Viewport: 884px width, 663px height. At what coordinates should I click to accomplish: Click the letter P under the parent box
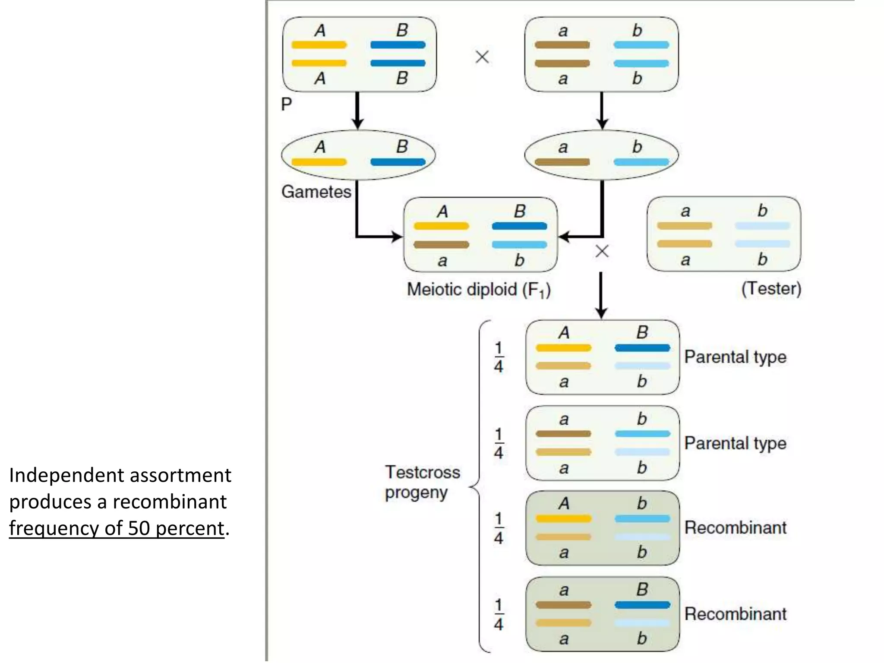(286, 104)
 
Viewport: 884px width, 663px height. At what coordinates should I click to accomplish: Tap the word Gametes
(316, 192)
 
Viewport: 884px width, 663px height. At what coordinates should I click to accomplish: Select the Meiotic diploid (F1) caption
(478, 290)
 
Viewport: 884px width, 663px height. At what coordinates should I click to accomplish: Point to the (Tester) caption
(771, 288)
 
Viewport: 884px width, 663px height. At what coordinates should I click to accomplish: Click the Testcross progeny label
(422, 482)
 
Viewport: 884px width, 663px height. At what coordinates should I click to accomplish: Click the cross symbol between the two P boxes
(482, 57)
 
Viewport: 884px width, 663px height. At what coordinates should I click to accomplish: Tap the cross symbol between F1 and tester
(602, 251)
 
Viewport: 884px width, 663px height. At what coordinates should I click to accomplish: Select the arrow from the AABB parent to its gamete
(357, 110)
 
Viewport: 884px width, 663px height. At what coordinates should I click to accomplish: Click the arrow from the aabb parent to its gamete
(602, 110)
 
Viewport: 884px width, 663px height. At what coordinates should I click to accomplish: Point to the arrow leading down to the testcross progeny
(601, 296)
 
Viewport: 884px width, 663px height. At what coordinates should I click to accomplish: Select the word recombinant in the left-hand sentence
(169, 502)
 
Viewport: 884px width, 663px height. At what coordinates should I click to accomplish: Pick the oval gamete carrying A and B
(358, 155)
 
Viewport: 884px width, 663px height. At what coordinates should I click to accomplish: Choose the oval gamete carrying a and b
(601, 155)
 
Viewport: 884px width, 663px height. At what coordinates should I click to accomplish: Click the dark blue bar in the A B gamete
(398, 162)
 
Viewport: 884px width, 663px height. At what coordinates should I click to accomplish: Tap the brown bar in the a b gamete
(562, 162)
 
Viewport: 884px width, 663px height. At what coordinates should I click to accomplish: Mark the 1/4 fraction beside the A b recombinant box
(499, 528)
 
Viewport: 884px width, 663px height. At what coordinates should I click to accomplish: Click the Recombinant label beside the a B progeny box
(735, 614)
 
